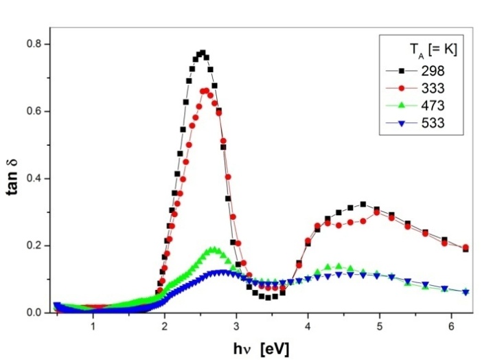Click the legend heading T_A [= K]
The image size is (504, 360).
[x=429, y=49]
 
